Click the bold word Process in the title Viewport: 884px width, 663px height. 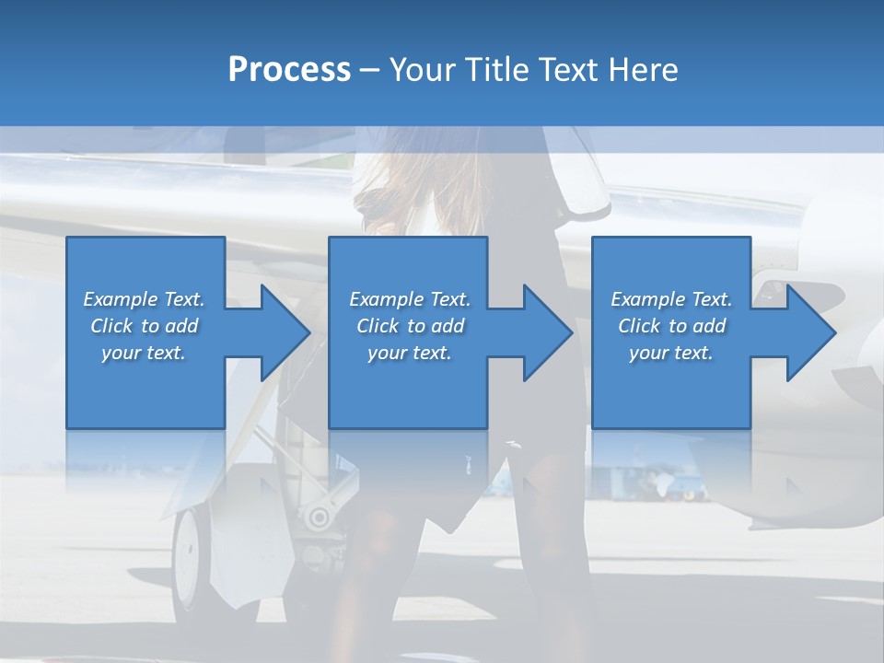289,70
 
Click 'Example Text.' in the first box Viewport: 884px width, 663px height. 144,299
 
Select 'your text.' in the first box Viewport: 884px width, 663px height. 144,353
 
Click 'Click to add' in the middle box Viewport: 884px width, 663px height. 410,326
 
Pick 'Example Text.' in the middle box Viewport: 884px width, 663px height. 410,299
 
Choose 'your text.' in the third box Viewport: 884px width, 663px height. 671,353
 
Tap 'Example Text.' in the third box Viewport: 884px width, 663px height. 671,299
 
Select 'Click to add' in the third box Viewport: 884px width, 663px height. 671,326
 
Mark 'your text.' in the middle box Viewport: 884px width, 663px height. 410,353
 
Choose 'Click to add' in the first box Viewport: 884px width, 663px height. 144,326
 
